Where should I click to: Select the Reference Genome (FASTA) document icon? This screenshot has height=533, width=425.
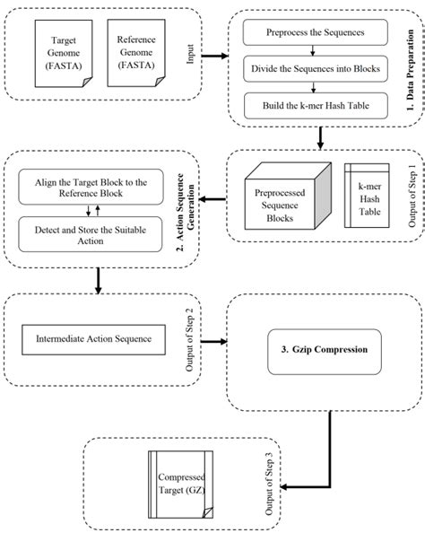(x=134, y=55)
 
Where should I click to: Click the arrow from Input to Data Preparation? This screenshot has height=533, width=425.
(x=213, y=56)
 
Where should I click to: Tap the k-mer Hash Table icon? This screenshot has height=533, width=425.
(x=362, y=196)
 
